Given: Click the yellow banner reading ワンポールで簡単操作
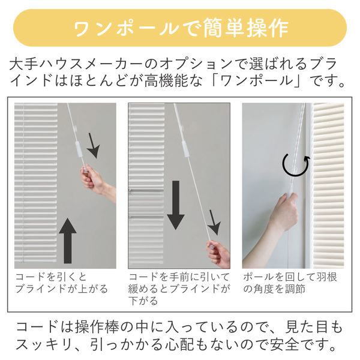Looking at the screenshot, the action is click(x=180, y=28).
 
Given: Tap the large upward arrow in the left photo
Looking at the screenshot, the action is click(x=67, y=241).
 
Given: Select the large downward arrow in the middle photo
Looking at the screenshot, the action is click(x=176, y=205).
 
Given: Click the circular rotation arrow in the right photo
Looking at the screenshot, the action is click(x=296, y=165).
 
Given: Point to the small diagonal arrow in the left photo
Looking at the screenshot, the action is click(x=93, y=146).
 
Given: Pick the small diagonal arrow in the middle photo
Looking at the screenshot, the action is click(x=215, y=222).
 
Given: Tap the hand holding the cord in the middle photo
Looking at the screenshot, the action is click(x=218, y=254).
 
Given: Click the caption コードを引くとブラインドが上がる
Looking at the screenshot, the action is click(x=62, y=283).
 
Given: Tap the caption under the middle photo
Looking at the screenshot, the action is click(x=179, y=289).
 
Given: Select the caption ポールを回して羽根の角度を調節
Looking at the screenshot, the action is click(x=290, y=283).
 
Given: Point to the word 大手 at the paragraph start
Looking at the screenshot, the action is click(x=23, y=64).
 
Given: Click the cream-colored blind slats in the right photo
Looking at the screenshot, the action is click(x=329, y=185).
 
